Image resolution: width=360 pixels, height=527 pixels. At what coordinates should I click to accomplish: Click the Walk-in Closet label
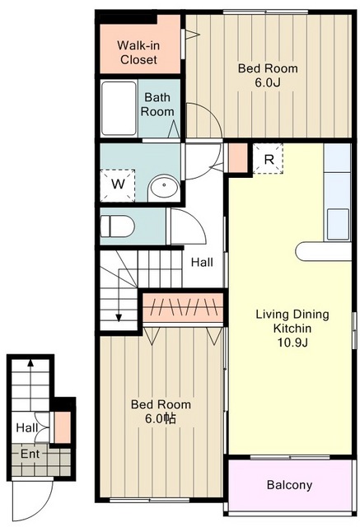[138, 53]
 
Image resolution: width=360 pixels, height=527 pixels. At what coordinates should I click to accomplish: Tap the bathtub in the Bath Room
[119, 108]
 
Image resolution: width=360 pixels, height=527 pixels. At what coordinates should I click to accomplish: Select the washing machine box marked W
[118, 185]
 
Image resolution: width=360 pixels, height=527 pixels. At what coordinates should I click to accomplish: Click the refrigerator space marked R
[268, 159]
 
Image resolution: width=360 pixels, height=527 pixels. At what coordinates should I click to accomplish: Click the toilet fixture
[117, 226]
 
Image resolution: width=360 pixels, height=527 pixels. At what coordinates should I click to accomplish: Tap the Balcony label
[289, 485]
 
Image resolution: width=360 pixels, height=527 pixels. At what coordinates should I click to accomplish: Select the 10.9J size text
[292, 343]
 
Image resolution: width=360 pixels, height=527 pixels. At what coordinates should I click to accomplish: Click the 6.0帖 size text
[161, 419]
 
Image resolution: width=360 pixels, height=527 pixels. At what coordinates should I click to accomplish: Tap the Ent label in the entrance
[30, 454]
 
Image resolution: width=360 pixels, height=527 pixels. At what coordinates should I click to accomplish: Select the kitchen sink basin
[338, 224]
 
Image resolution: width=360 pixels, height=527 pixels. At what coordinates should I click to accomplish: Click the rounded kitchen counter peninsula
[324, 251]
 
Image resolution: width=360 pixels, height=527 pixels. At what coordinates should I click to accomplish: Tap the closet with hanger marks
[183, 307]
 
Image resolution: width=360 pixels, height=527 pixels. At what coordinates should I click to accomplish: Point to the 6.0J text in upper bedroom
[268, 82]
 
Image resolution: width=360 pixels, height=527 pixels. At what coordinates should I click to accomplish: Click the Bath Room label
[157, 105]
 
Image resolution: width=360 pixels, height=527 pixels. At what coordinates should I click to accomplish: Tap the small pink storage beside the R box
[238, 158]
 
